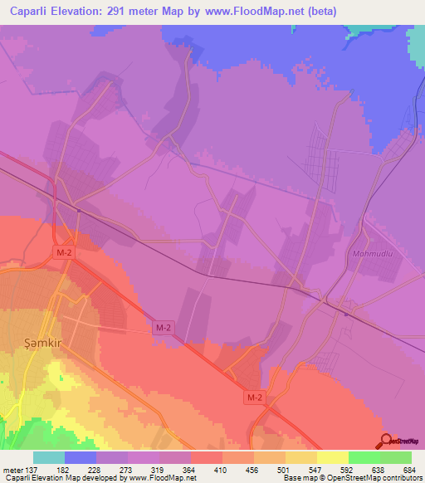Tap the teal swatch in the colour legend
49,458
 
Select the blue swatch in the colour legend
81,458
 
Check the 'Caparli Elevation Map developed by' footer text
65,478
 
